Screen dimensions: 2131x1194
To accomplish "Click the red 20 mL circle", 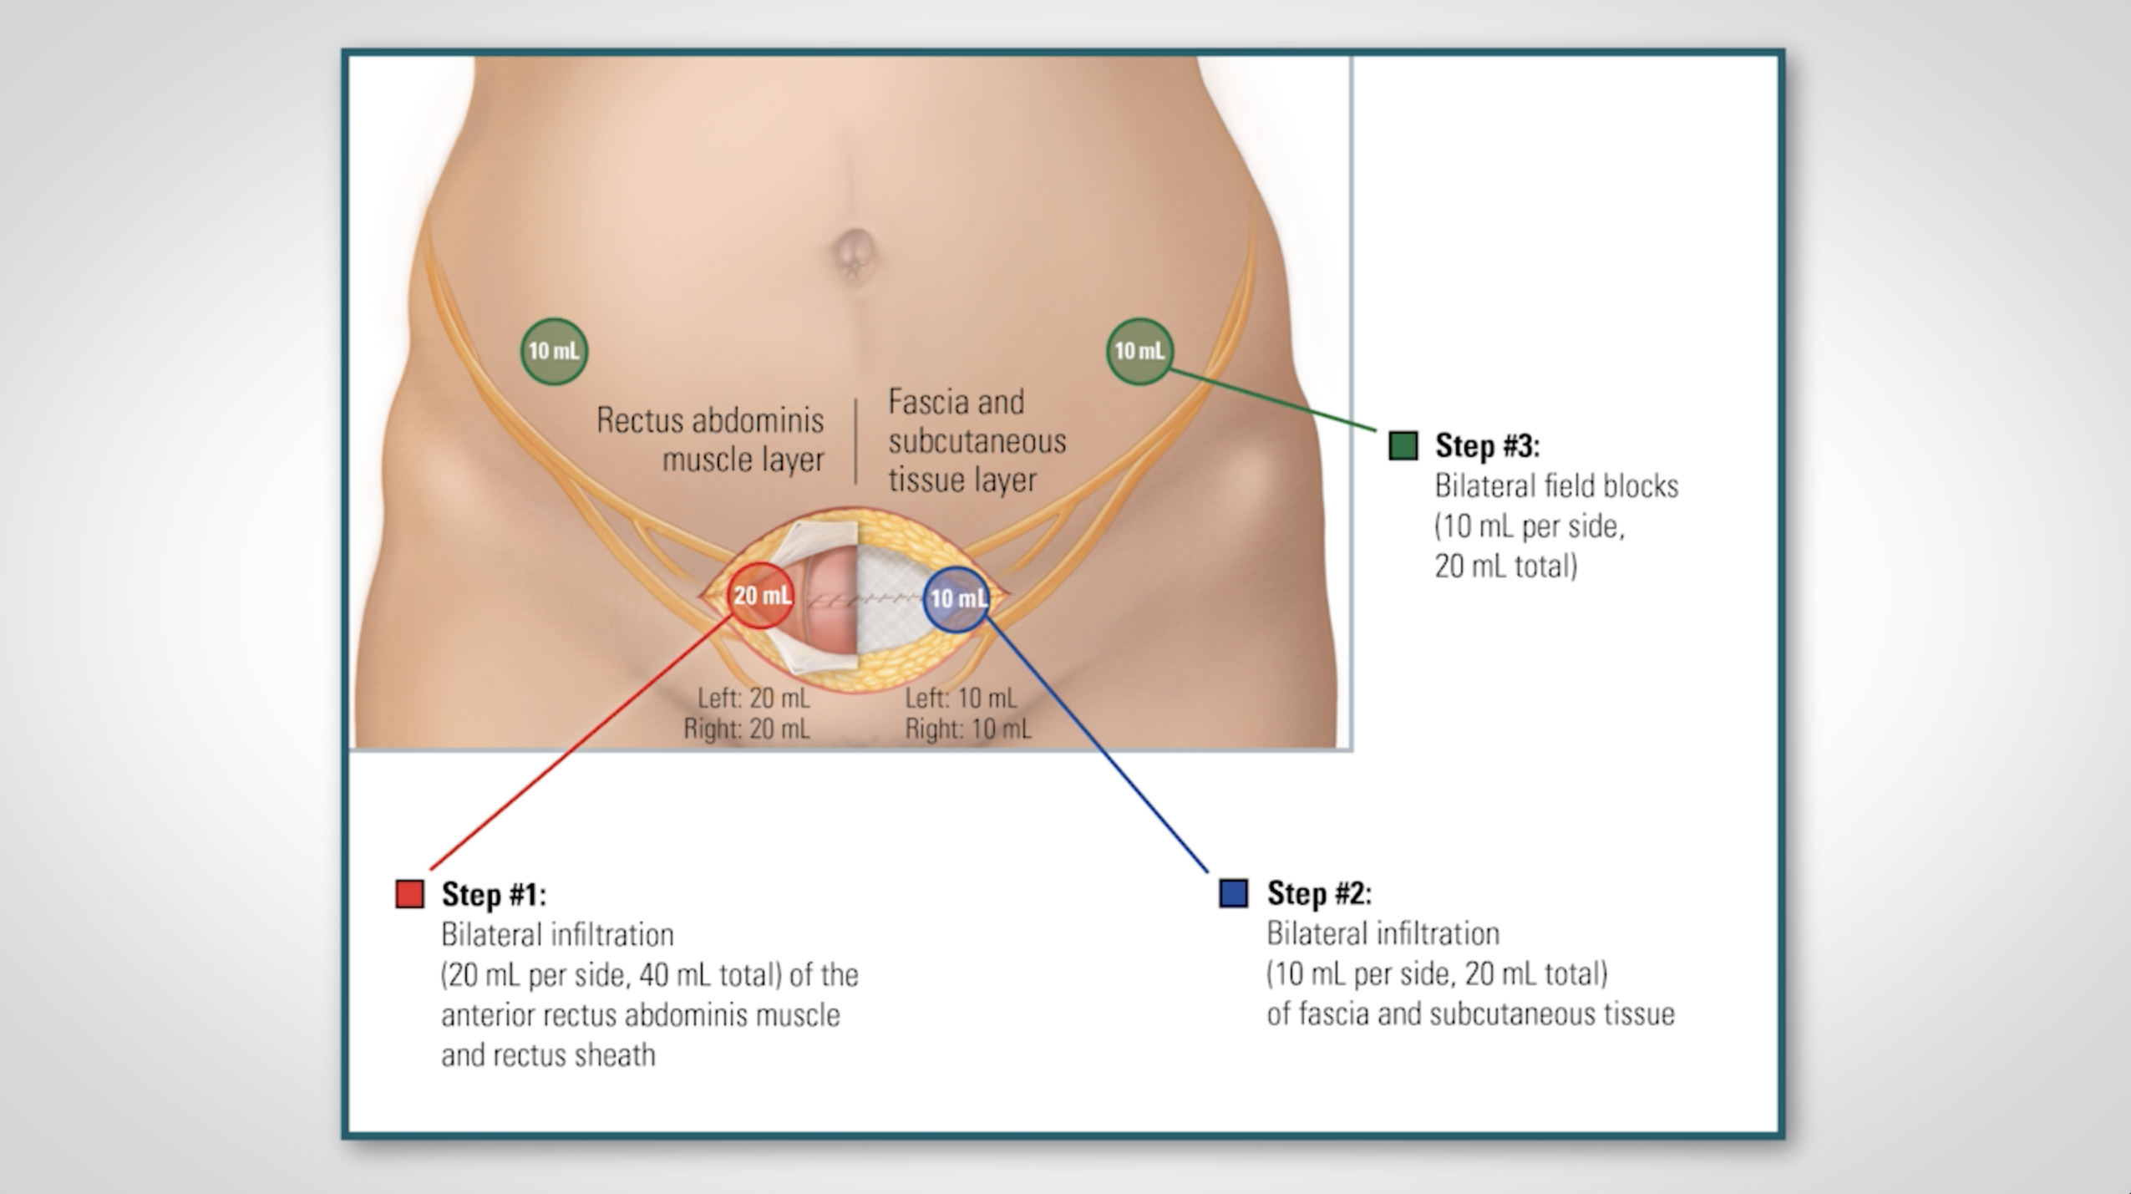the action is tap(760, 596).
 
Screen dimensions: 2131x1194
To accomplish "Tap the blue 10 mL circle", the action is tap(957, 599).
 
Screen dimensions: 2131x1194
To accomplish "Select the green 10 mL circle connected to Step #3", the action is tap(1139, 352).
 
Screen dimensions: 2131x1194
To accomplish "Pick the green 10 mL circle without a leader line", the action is tap(554, 352).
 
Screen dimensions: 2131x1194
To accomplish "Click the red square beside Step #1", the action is tap(409, 893).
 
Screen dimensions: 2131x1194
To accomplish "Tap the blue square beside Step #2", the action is tap(1234, 892).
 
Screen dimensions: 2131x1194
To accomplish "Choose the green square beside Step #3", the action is tap(1403, 445).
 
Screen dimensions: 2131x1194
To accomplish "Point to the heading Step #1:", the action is tap(494, 894).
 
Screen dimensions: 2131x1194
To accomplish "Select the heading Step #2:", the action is tap(1319, 893).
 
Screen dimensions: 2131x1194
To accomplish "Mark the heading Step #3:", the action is tap(1488, 445).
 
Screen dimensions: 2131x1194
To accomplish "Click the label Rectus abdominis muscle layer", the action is tap(710, 439).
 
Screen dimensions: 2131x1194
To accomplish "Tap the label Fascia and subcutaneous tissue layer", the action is tap(977, 440).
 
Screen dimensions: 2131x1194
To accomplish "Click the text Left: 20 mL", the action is tap(753, 698).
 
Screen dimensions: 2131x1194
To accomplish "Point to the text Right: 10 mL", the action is tap(968, 729).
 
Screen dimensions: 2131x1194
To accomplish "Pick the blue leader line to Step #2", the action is tap(1097, 744).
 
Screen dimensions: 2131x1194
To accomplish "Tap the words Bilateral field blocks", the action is tap(1556, 485).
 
